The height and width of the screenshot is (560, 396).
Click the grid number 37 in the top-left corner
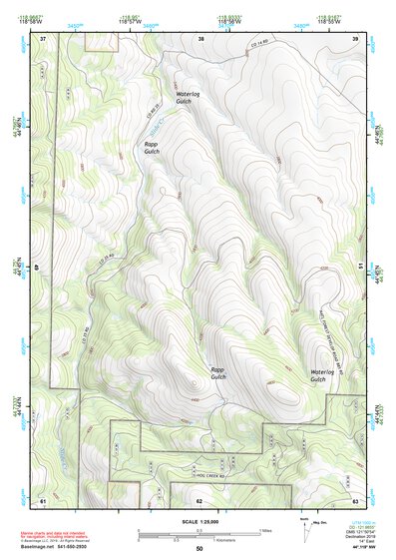pos(43,38)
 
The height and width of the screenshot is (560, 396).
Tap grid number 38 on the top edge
pos(200,38)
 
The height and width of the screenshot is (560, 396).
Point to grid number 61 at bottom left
pos(43,499)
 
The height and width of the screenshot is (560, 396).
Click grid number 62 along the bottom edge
pos(199,499)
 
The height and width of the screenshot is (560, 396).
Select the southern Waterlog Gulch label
pos(318,376)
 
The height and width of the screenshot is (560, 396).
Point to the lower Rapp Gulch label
pos(217,373)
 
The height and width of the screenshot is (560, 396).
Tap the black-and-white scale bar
pos(199,533)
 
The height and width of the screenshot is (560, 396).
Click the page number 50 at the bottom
pos(199,549)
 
